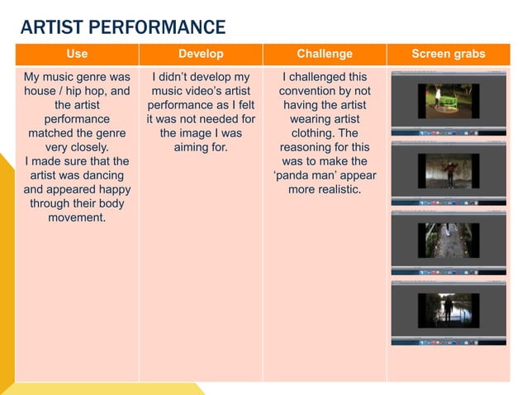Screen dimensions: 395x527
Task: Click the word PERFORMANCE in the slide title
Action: click(x=157, y=27)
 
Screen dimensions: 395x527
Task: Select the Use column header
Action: click(x=77, y=54)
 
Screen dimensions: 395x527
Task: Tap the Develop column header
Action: click(x=201, y=54)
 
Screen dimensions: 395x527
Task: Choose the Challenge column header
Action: click(x=324, y=54)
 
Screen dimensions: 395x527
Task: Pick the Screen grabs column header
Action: click(x=449, y=54)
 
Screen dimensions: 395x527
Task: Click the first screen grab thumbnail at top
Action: click(x=448, y=102)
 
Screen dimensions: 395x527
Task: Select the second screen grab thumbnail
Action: click(x=448, y=174)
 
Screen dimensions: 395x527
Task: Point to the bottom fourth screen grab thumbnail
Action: click(x=448, y=312)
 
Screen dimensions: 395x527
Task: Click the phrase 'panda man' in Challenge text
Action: click(x=324, y=175)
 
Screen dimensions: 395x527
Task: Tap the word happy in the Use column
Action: click(x=110, y=189)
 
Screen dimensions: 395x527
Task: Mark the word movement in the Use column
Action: click(x=77, y=217)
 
